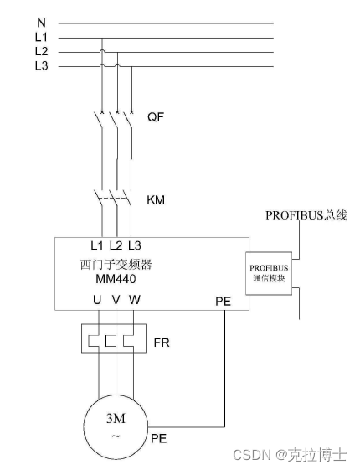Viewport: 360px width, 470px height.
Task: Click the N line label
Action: pos(41,23)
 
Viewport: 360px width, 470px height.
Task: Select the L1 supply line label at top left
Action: pos(41,37)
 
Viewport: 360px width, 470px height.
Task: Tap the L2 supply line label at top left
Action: pos(41,51)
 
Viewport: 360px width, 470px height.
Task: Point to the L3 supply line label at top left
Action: pos(41,65)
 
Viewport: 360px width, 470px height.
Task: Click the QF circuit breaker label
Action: pos(156,116)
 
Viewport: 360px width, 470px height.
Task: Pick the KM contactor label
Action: pos(156,200)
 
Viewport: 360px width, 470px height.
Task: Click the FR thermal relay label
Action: pos(162,343)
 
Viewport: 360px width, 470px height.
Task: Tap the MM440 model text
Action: pos(116,279)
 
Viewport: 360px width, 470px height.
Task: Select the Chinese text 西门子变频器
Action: pos(116,265)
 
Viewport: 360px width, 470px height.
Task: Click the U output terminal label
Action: pos(97,299)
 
